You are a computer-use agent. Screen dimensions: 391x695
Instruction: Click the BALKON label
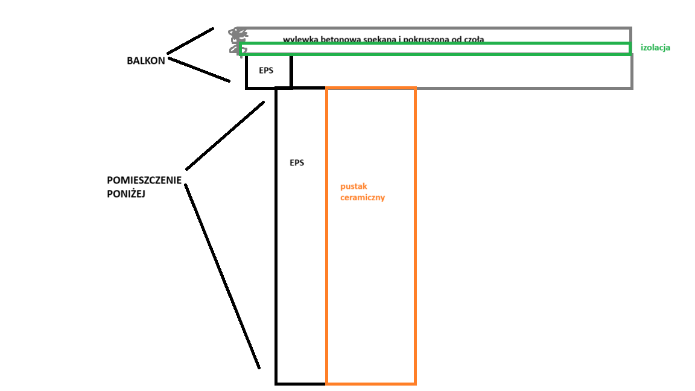[x=145, y=61]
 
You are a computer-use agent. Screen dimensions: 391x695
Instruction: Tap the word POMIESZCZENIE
[x=144, y=180]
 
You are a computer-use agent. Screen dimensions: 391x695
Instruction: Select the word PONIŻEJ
[x=127, y=194]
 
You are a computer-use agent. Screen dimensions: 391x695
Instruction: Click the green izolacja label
[x=655, y=47]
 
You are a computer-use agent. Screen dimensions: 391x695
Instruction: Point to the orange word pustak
[x=354, y=186]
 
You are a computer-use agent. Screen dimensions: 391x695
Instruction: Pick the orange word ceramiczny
[x=363, y=197]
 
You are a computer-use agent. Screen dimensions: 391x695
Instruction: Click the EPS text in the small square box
[x=266, y=70]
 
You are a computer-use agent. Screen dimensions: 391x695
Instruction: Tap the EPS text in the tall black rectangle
[x=297, y=162]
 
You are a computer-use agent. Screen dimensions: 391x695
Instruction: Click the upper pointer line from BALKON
[x=190, y=40]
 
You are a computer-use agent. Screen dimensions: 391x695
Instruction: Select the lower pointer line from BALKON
[x=198, y=68]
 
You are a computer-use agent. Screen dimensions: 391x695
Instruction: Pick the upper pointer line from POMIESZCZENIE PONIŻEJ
[x=224, y=136]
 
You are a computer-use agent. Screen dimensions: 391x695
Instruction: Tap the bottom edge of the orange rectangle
[x=370, y=383]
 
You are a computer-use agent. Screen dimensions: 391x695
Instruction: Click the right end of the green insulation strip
[x=630, y=49]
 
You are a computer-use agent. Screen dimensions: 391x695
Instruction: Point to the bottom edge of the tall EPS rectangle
[x=300, y=383]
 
